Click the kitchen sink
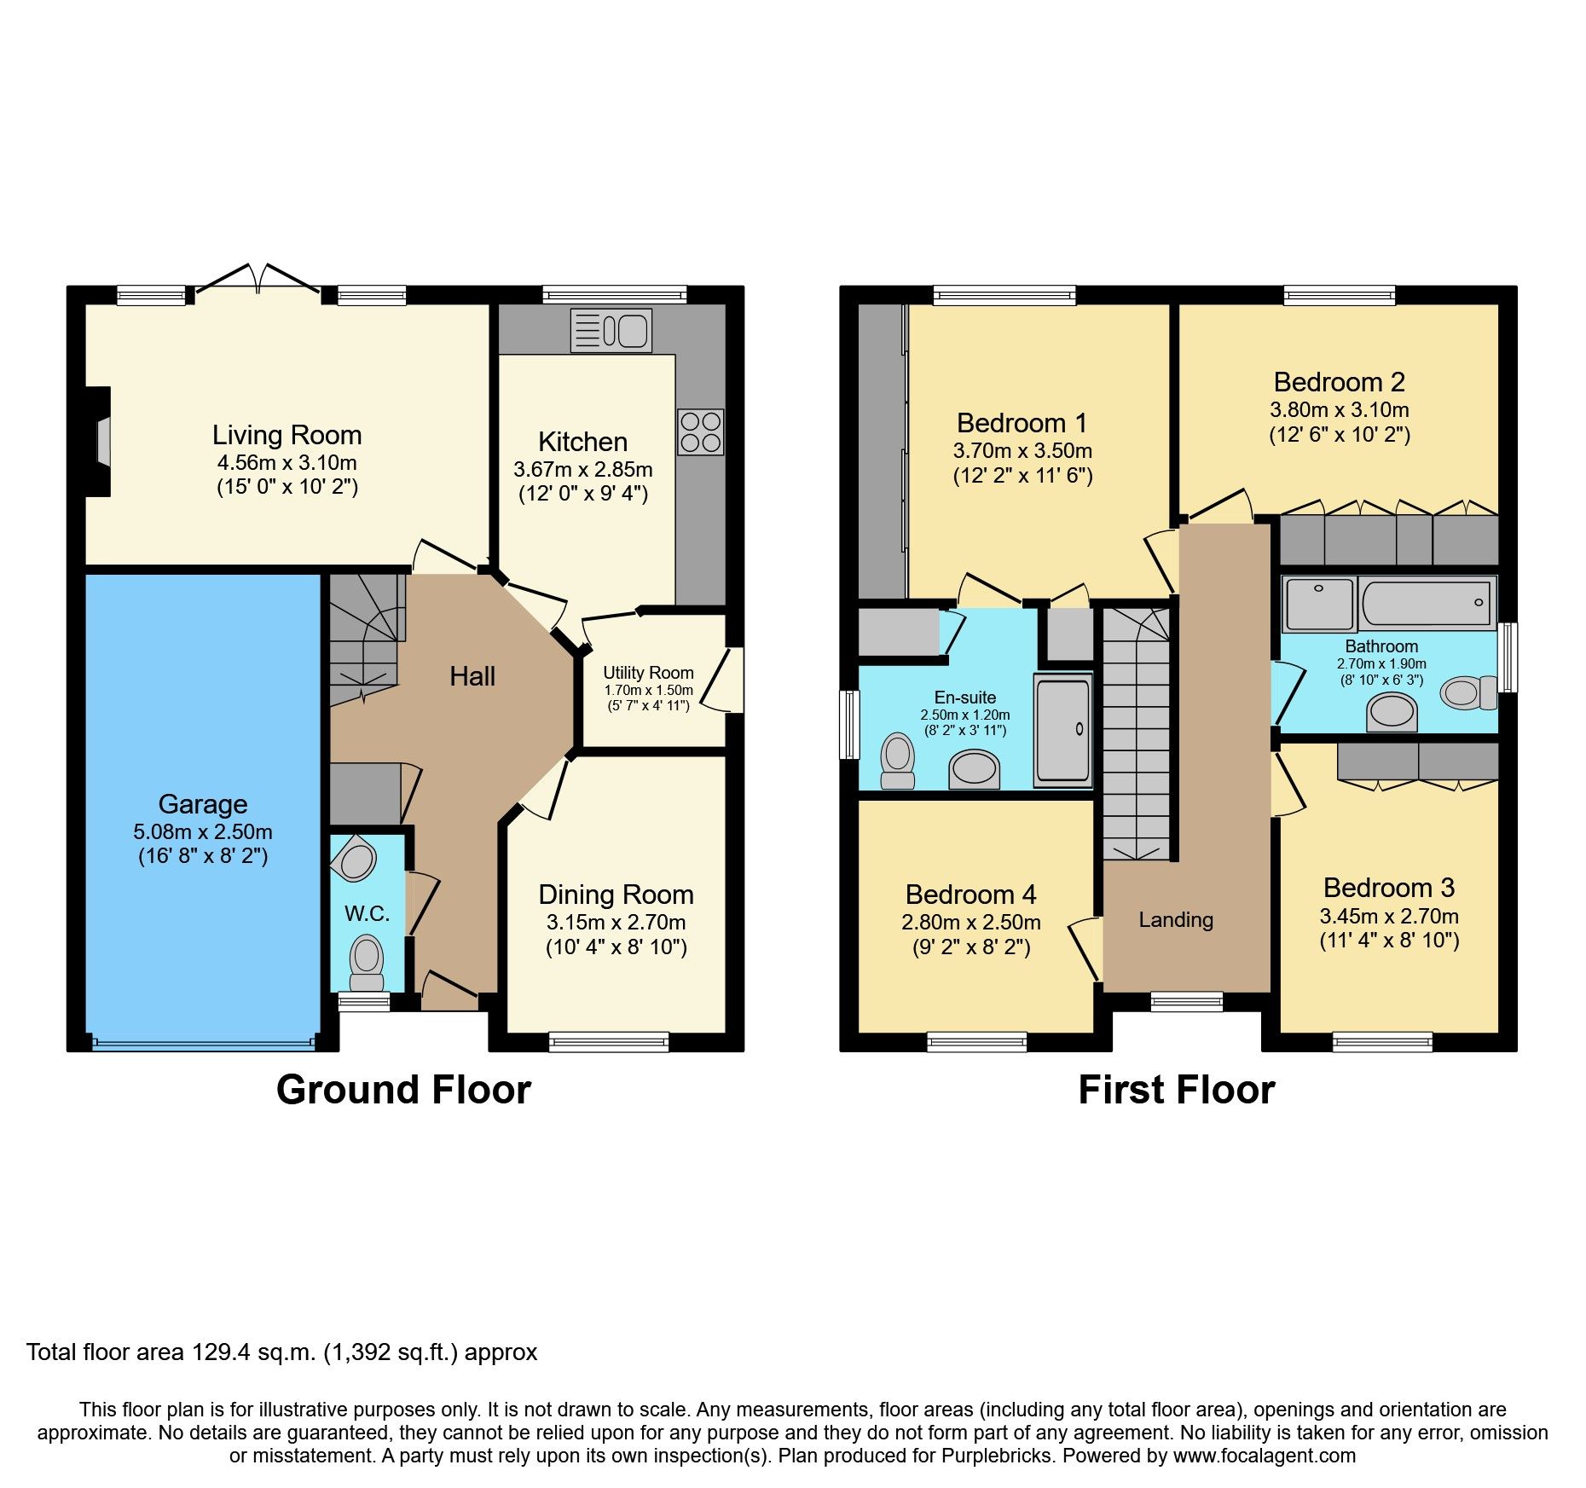611,331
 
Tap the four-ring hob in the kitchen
701,431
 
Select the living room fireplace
101,441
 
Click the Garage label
203,804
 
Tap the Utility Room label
648,673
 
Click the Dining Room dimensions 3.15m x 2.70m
616,922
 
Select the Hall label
472,677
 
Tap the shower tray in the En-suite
1062,730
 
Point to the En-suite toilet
897,760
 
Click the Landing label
1176,919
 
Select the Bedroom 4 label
970,895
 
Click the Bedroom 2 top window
1340,296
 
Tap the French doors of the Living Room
258,281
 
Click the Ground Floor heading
403,1090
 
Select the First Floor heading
1176,1090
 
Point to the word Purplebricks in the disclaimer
996,1456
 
